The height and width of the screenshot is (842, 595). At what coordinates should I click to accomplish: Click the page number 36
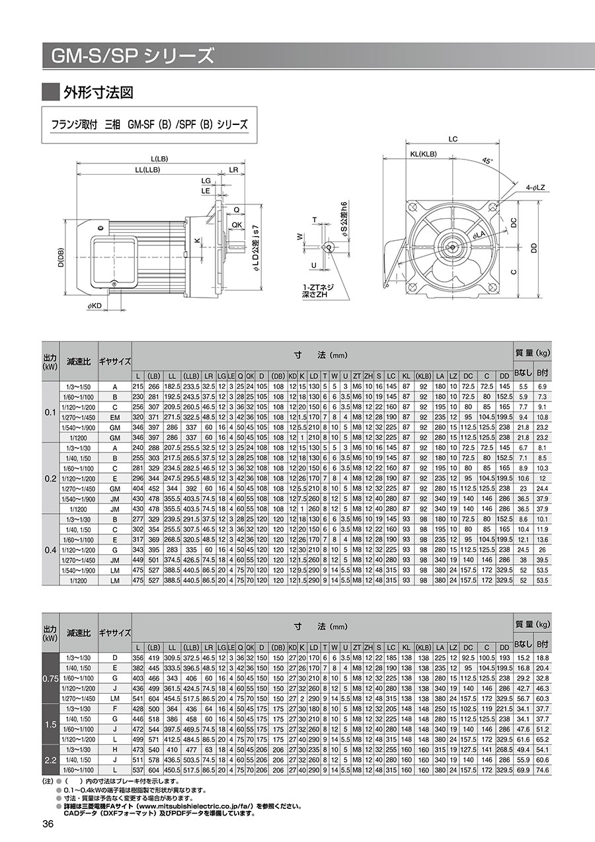48,823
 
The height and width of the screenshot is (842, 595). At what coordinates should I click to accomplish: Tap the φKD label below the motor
95,306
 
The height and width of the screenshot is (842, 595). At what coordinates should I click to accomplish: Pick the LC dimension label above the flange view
453,139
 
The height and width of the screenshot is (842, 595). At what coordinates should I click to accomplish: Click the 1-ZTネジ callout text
317,286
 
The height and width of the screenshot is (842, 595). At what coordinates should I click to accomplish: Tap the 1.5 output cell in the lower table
50,726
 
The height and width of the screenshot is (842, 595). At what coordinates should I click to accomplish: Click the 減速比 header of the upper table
78,361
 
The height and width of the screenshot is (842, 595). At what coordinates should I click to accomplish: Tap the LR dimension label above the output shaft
233,170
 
